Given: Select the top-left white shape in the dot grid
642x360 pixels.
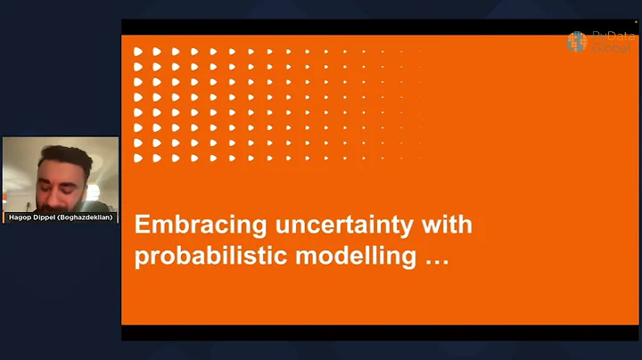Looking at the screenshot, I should pos(138,52).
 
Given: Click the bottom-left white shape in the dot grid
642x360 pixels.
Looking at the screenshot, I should pos(138,158).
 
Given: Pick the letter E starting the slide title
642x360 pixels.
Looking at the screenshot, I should pos(141,225).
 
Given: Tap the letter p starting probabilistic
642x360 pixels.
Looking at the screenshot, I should pos(141,258).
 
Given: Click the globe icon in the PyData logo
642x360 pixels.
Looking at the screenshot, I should pos(578,41).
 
